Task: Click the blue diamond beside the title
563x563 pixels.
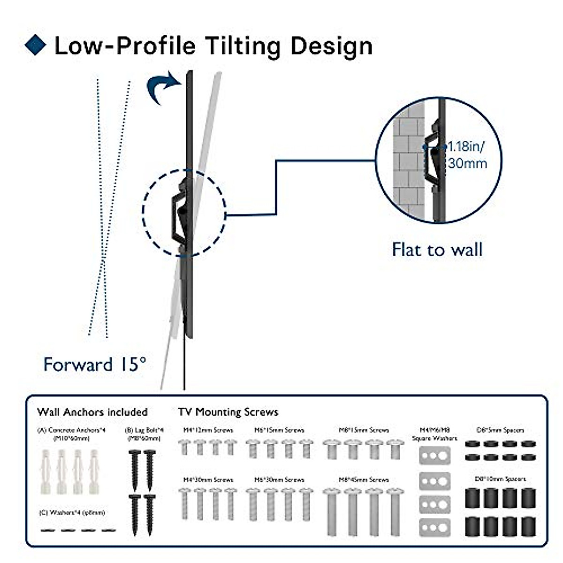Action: point(35,45)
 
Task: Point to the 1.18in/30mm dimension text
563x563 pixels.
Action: point(467,155)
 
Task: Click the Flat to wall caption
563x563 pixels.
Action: point(437,249)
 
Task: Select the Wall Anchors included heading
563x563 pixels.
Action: point(92,412)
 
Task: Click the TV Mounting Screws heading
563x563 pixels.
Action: point(228,412)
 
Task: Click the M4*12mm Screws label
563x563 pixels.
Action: point(208,430)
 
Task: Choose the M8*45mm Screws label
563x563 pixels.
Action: point(364,479)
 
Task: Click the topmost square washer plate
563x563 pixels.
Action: point(434,455)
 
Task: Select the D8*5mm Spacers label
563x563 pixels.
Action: point(500,430)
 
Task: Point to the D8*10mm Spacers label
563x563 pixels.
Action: point(501,479)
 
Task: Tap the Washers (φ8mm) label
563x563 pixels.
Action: point(72,513)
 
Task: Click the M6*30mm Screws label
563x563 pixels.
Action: point(279,479)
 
